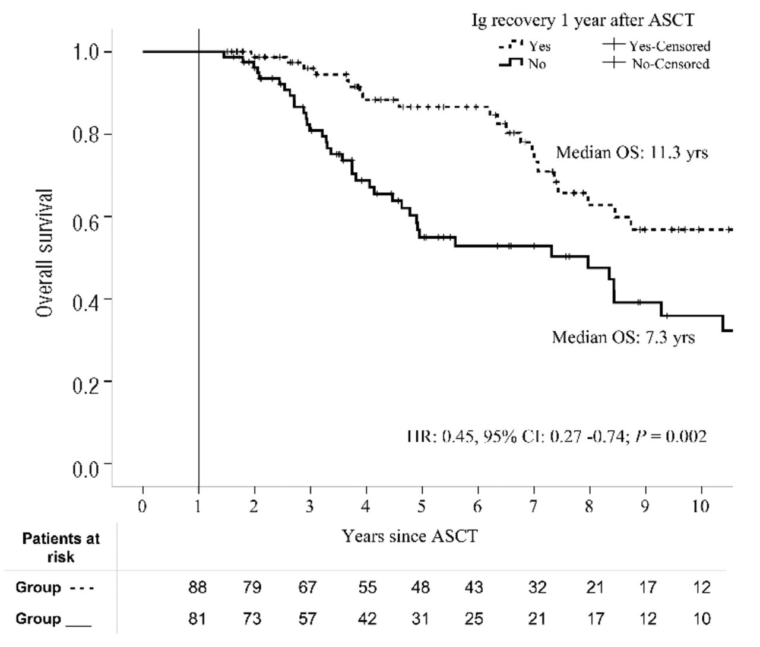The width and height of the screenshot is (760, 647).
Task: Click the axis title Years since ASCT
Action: pyautogui.click(x=409, y=536)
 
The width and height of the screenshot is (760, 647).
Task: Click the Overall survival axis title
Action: pyautogui.click(x=45, y=253)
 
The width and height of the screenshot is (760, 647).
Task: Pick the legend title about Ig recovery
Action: pyautogui.click(x=582, y=20)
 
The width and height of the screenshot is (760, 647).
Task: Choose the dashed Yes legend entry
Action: pyautogui.click(x=525, y=46)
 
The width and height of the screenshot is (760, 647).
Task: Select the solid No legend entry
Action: pyautogui.click(x=522, y=64)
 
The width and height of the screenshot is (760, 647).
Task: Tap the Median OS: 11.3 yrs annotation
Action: pyautogui.click(x=632, y=153)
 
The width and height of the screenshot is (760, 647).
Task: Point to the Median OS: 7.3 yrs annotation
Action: pyautogui.click(x=623, y=337)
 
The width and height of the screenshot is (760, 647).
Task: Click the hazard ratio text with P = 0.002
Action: pyautogui.click(x=556, y=437)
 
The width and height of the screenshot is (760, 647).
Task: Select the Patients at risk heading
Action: pyautogui.click(x=61, y=547)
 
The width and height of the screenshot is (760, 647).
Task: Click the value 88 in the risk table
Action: pyautogui.click(x=198, y=588)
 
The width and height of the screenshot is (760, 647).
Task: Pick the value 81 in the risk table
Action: pyautogui.click(x=198, y=619)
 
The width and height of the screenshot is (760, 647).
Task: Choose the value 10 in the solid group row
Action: pyautogui.click(x=701, y=619)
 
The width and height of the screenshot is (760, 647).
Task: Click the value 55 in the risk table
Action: pyautogui.click(x=368, y=588)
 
